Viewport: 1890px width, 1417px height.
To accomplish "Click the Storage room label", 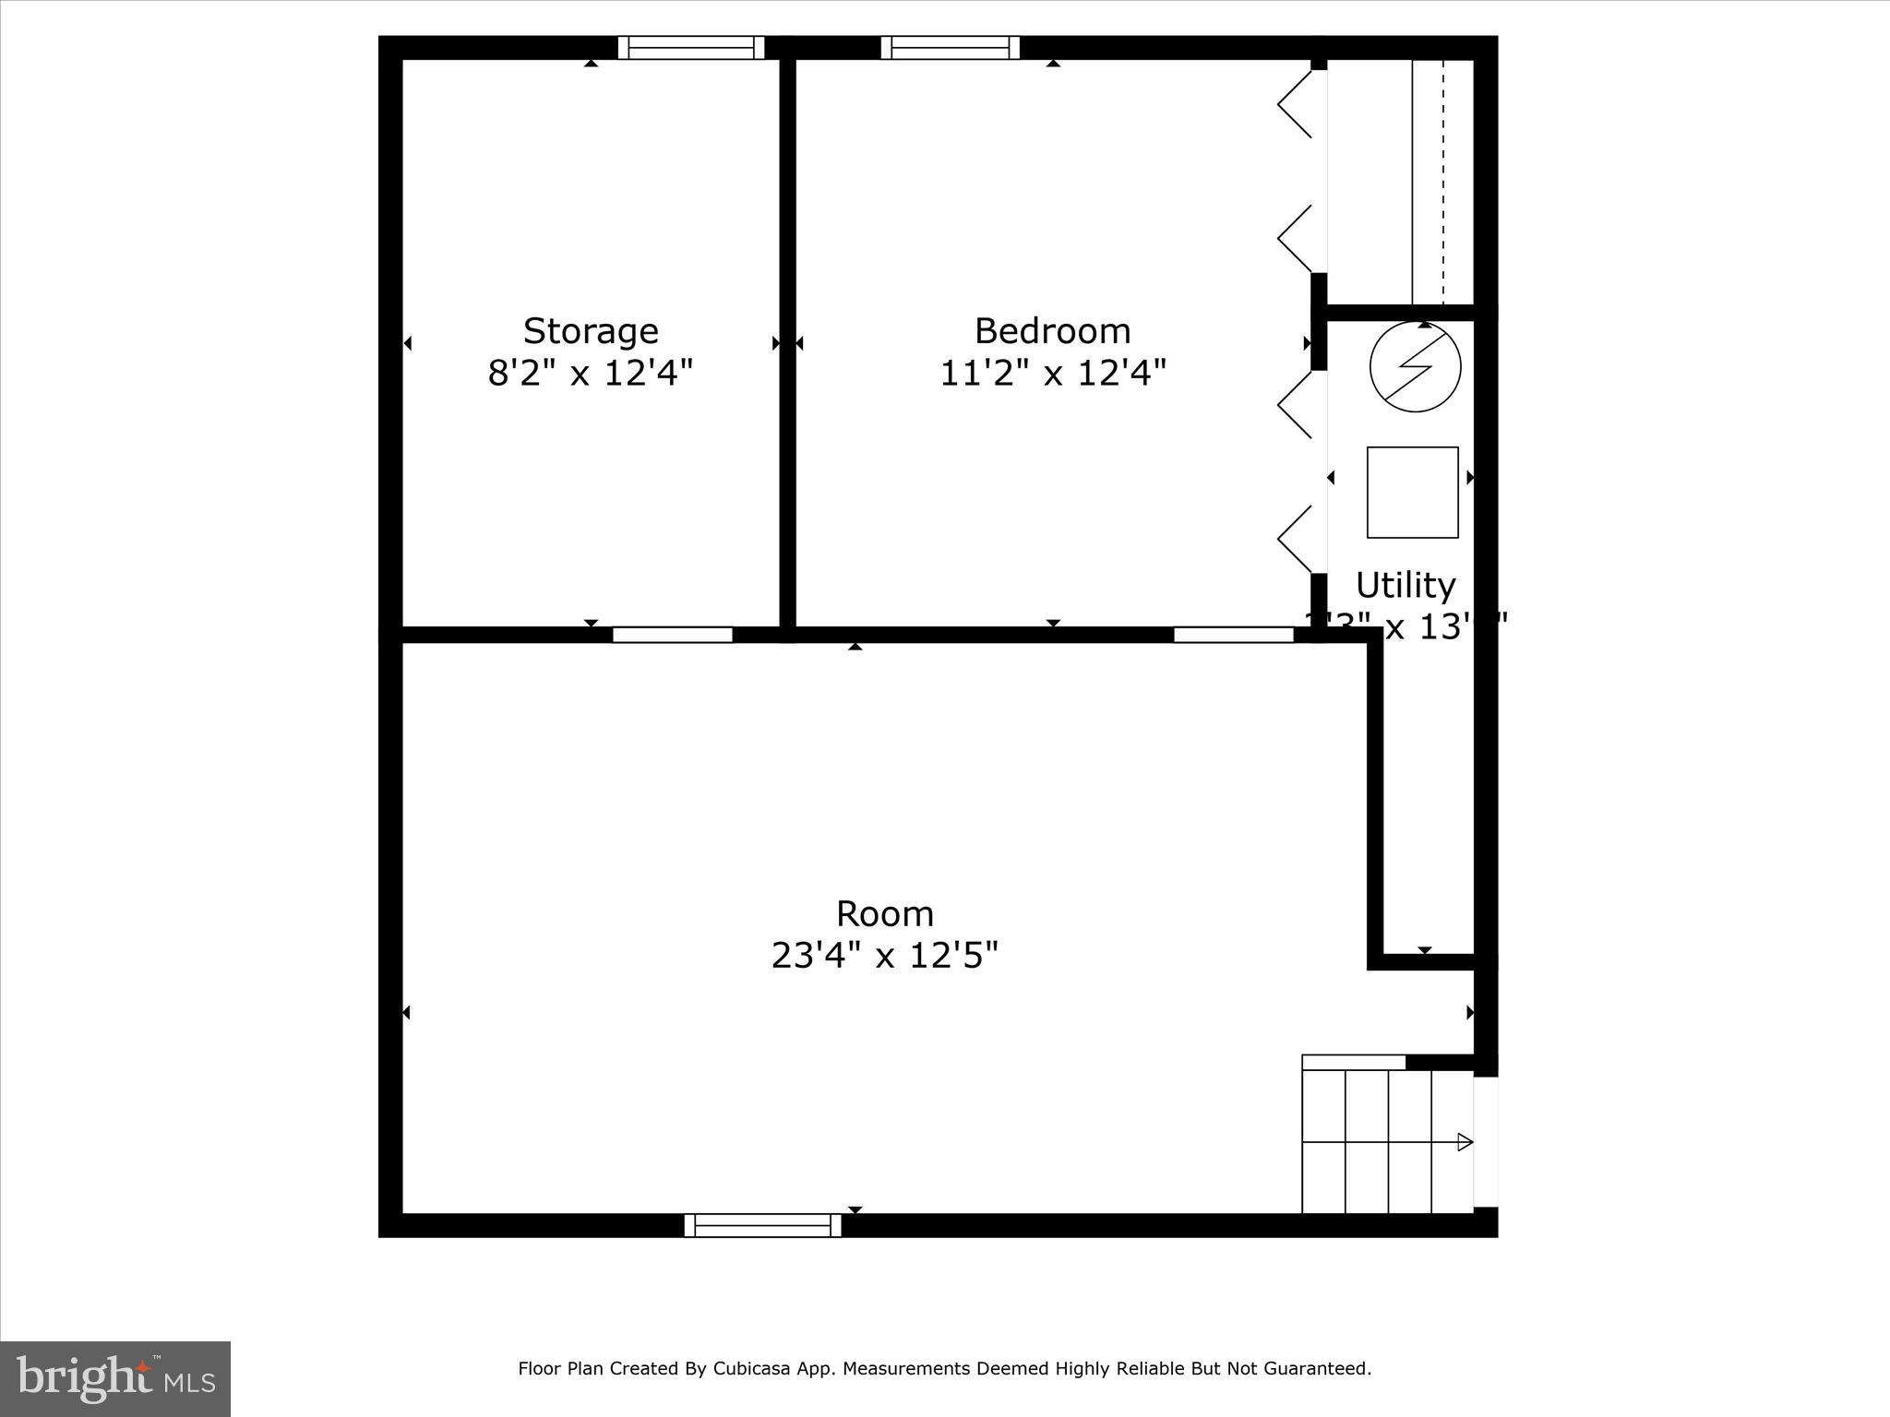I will pyautogui.click(x=591, y=330).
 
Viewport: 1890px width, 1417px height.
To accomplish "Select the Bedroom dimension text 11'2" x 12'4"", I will pyautogui.click(x=1053, y=374).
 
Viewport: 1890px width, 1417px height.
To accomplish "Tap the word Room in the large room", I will pyautogui.click(x=885, y=914).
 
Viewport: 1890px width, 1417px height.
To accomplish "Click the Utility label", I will pyautogui.click(x=1406, y=585).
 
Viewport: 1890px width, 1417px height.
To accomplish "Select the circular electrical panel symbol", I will pyautogui.click(x=1415, y=366).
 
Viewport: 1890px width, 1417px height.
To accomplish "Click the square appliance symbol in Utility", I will pyautogui.click(x=1412, y=492).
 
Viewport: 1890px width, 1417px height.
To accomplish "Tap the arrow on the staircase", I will pyautogui.click(x=1464, y=1142).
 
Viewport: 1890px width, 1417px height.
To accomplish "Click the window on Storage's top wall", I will pyautogui.click(x=691, y=47).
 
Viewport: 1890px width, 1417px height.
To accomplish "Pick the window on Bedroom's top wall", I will pyautogui.click(x=950, y=47).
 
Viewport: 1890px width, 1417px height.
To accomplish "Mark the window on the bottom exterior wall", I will pyautogui.click(x=762, y=1225).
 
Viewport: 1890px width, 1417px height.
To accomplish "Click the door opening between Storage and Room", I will pyautogui.click(x=672, y=635).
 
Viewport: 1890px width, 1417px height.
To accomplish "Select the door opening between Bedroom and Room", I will pyautogui.click(x=1233, y=635).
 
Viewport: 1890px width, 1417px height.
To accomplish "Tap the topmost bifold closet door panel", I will pyautogui.click(x=1295, y=104).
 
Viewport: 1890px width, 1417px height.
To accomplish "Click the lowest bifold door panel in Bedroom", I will pyautogui.click(x=1295, y=539).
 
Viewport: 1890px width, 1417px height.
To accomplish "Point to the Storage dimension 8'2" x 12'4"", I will pyautogui.click(x=591, y=374).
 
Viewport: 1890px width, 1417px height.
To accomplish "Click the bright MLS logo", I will pyautogui.click(x=115, y=1378).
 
